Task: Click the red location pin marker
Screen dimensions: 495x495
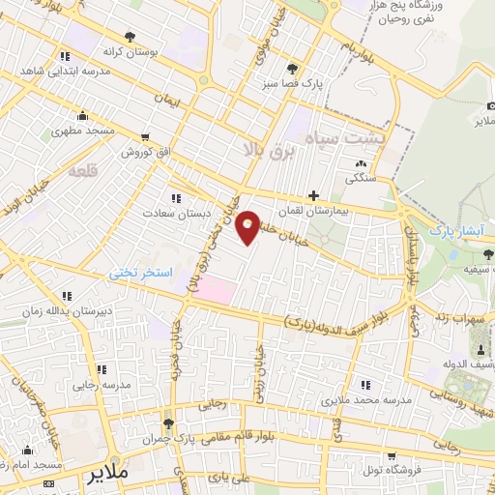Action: [x=248, y=226]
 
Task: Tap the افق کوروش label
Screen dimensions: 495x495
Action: [x=145, y=153]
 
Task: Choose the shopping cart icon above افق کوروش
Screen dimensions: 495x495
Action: [x=145, y=137]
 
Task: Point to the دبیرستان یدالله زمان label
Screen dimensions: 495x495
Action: [x=61, y=311]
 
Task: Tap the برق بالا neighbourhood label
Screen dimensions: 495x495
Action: [x=264, y=147]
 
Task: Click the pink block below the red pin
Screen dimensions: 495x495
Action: [x=219, y=289]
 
